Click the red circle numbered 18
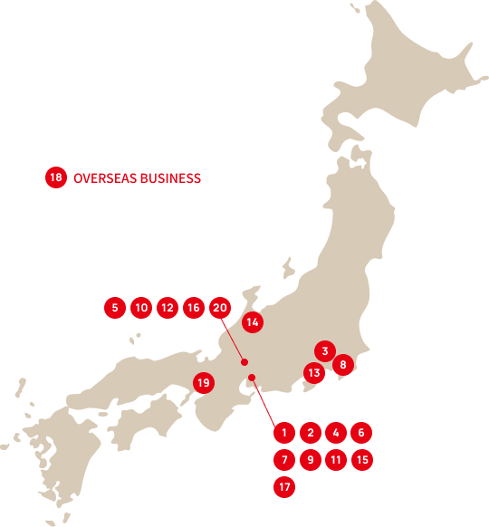56,178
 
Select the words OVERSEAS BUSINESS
137,178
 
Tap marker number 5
114,308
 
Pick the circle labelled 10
140,308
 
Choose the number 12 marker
167,308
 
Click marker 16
193,308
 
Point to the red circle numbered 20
219,308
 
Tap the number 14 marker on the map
253,321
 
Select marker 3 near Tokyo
324,350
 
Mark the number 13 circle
313,371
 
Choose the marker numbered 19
204,383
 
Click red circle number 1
283,433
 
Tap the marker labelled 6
361,433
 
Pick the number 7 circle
283,460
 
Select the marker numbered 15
361,460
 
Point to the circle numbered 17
283,487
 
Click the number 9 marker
310,460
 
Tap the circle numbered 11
336,460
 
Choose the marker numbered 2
310,433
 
